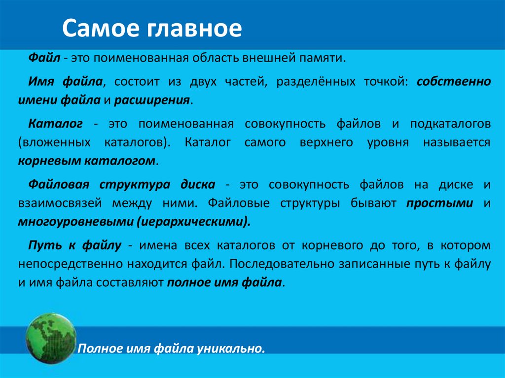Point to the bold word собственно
tap(454, 81)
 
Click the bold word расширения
tap(152, 100)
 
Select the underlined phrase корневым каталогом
tap(87, 161)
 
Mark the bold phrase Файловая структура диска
tap(121, 184)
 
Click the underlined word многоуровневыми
tap(73, 222)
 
